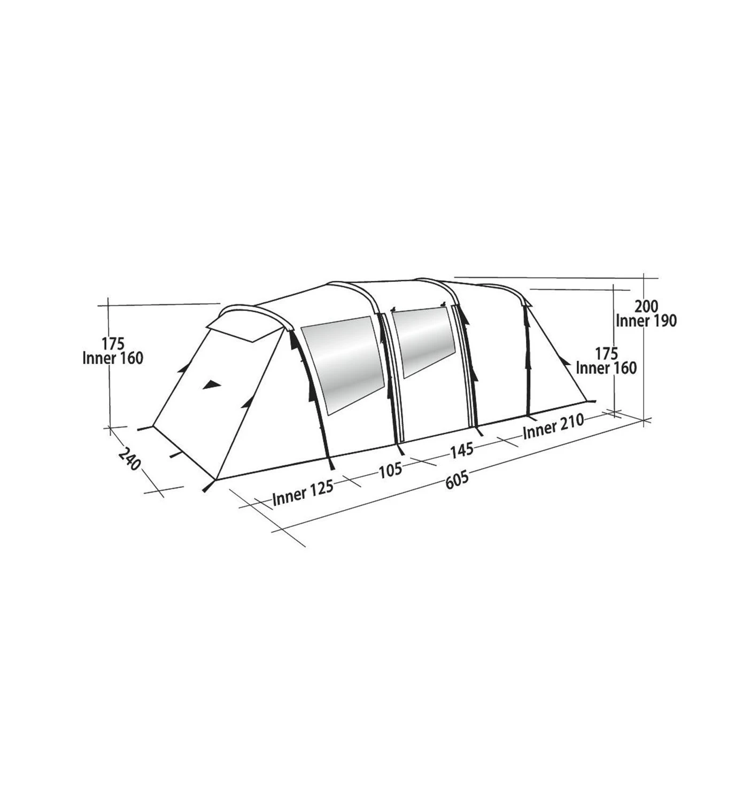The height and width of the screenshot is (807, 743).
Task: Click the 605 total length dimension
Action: [457, 480]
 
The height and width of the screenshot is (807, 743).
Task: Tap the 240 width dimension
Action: [129, 458]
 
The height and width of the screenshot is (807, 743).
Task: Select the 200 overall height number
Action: [646, 306]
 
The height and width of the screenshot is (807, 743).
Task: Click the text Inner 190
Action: [646, 321]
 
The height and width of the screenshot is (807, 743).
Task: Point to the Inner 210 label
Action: [553, 426]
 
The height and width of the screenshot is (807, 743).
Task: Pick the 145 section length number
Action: [461, 450]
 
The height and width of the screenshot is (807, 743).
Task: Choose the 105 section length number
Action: [390, 470]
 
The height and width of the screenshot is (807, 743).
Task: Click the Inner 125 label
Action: [303, 494]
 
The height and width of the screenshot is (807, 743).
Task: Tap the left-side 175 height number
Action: [113, 343]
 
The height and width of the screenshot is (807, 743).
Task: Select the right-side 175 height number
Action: [606, 353]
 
